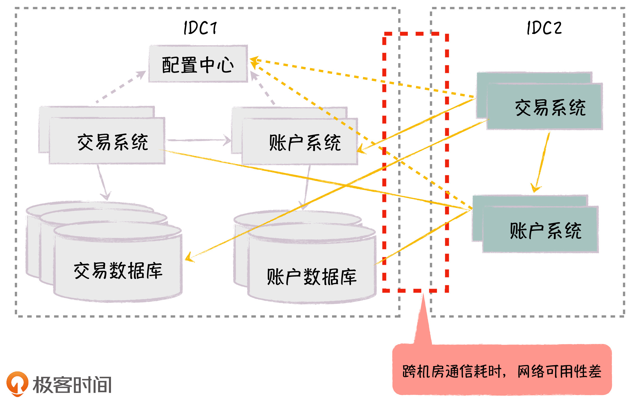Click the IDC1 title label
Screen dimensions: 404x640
(x=200, y=28)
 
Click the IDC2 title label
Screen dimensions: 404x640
(x=544, y=28)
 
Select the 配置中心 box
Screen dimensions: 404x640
(x=198, y=64)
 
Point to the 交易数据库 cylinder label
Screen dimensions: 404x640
(x=118, y=271)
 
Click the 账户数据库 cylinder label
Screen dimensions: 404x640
(x=312, y=277)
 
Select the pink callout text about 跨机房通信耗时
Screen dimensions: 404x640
(x=502, y=371)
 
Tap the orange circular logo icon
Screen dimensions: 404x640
(x=17, y=383)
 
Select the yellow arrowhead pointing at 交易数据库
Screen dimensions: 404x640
(x=189, y=258)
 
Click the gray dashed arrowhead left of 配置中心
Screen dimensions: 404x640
(x=141, y=74)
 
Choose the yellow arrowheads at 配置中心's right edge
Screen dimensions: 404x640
(x=253, y=62)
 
